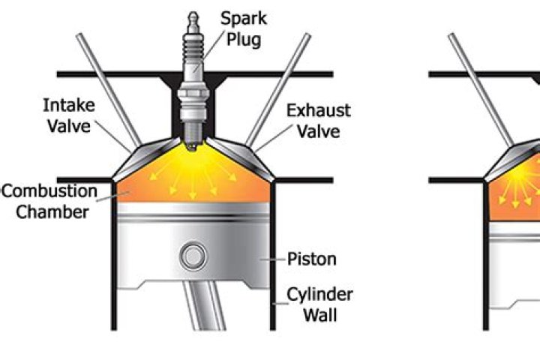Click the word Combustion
pos(49,191)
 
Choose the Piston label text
pos(312,259)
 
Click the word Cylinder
pos(319,293)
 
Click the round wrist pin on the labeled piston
pos(193,256)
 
